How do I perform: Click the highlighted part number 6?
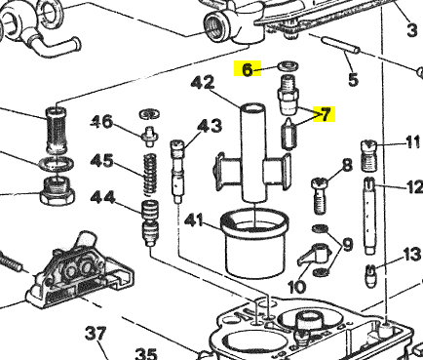(x=248, y=69)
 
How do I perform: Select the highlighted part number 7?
(x=326, y=114)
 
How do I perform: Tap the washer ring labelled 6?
(x=288, y=66)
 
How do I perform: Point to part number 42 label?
(x=203, y=83)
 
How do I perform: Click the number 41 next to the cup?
(x=193, y=220)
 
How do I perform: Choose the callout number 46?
(x=101, y=122)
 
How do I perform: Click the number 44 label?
(x=102, y=197)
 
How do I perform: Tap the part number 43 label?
(x=210, y=126)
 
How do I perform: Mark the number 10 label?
(x=297, y=287)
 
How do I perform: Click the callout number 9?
(x=347, y=244)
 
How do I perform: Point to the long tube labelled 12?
(x=369, y=216)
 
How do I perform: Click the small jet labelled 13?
(x=370, y=276)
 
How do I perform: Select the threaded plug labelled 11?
(x=368, y=155)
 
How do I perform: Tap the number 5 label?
(x=353, y=80)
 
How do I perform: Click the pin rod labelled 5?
(x=340, y=46)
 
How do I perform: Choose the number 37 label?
(x=96, y=334)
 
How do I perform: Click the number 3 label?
(x=412, y=30)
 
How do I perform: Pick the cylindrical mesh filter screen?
(x=57, y=130)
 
